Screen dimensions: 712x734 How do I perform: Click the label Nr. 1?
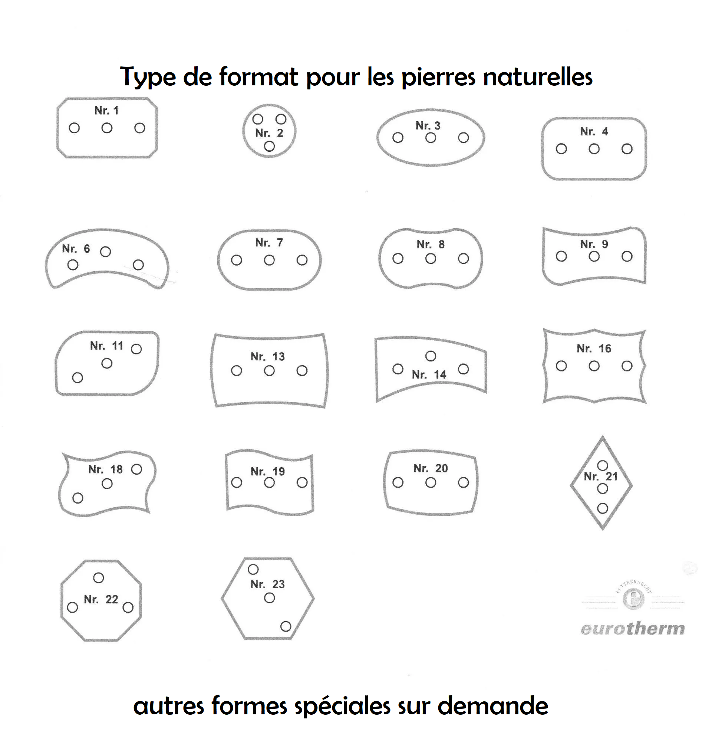click(x=107, y=111)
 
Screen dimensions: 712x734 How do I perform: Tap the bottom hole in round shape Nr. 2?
click(x=269, y=147)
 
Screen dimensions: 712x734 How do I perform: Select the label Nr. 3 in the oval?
click(x=428, y=125)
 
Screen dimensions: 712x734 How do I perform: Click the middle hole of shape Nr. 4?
click(x=594, y=149)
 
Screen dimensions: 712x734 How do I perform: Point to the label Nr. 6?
click(x=76, y=249)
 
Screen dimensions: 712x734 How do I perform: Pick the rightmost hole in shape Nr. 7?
click(x=302, y=260)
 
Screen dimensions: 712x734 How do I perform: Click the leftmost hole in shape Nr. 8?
click(x=398, y=258)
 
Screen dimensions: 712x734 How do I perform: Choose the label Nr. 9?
click(x=594, y=244)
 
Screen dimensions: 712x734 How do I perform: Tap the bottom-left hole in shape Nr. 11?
click(x=78, y=377)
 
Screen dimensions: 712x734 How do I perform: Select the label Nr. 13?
click(x=267, y=357)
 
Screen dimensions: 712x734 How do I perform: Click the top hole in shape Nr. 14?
click(x=431, y=356)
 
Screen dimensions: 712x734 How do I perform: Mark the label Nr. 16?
click(x=594, y=349)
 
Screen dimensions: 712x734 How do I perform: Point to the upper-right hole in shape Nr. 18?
click(x=136, y=469)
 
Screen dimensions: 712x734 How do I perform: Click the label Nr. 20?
click(x=431, y=468)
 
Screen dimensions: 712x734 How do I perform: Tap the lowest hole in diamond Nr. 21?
click(x=602, y=508)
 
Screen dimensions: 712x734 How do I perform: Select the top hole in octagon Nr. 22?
click(x=98, y=578)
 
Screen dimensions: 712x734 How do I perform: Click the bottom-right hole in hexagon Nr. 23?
click(x=286, y=626)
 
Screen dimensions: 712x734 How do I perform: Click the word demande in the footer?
click(x=493, y=706)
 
